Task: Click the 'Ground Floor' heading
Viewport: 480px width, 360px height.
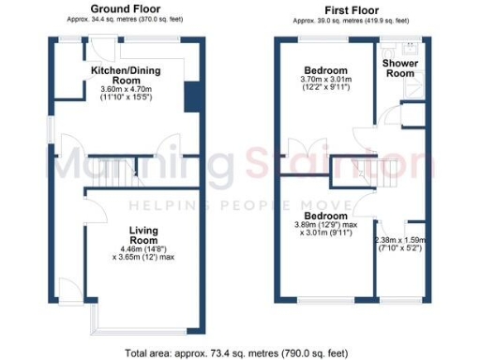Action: (123, 8)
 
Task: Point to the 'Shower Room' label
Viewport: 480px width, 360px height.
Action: (400, 68)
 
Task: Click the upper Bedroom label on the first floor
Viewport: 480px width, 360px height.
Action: (326, 70)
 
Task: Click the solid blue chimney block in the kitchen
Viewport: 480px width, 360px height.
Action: (192, 96)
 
